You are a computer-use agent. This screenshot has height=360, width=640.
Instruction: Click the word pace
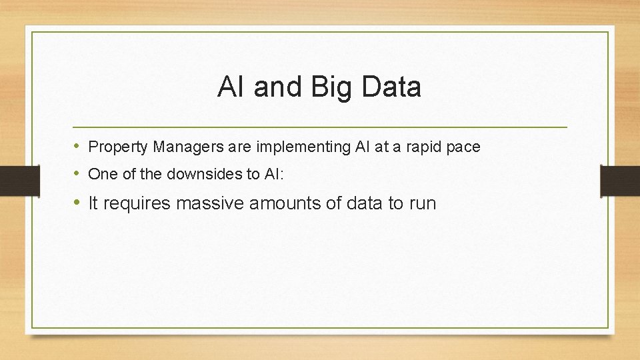(463, 147)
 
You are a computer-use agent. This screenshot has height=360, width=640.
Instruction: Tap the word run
(422, 203)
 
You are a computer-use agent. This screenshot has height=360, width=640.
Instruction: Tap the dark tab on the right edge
(620, 181)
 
